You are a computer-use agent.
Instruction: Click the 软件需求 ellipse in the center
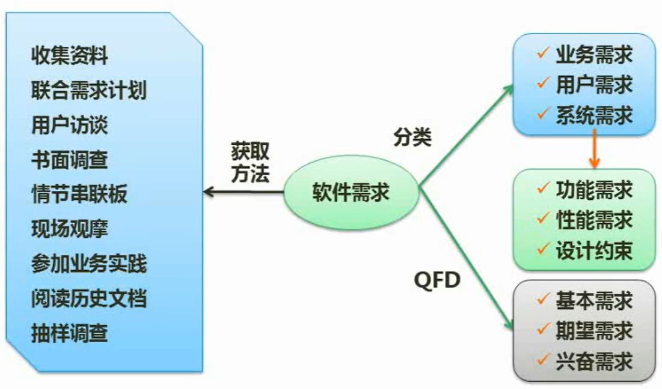pyautogui.click(x=351, y=193)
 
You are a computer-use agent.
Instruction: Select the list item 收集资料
pyautogui.click(x=70, y=55)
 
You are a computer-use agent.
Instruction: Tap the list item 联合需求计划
pyautogui.click(x=88, y=90)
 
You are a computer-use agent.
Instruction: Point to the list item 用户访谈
pyautogui.click(x=70, y=125)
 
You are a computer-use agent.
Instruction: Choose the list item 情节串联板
pyautogui.click(x=79, y=194)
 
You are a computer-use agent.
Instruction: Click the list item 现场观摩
pyautogui.click(x=70, y=229)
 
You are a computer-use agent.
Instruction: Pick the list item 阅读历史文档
pyautogui.click(x=88, y=298)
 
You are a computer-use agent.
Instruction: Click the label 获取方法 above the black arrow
pyautogui.click(x=250, y=162)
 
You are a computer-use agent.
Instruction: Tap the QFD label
pyautogui.click(x=437, y=280)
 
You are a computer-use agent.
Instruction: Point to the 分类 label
pyautogui.click(x=412, y=137)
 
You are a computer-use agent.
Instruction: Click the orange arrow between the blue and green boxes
pyautogui.click(x=595, y=148)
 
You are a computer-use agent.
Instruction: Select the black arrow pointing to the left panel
pyautogui.click(x=244, y=192)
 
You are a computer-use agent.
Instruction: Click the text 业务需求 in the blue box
pyautogui.click(x=594, y=55)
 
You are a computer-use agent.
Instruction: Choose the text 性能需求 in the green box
pyautogui.click(x=594, y=220)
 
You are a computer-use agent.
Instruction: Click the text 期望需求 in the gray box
pyautogui.click(x=594, y=331)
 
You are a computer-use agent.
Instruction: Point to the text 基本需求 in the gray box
pyautogui.click(x=594, y=301)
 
